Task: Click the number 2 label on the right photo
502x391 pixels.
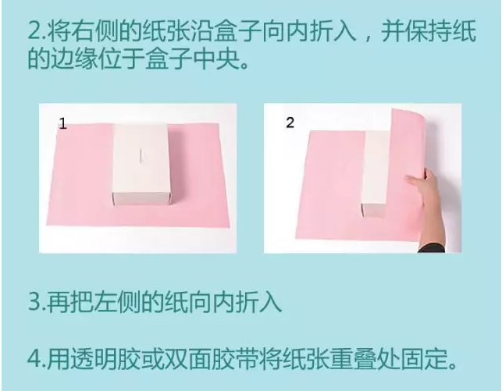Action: [290, 123]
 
